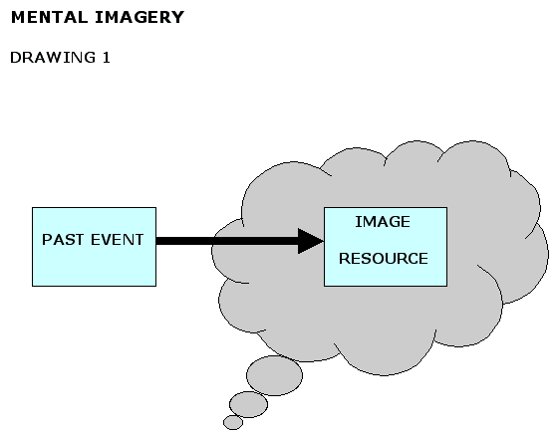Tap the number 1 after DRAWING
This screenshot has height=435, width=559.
pos(106,58)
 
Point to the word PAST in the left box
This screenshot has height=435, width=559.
pos(60,240)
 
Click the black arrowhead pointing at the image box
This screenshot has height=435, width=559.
pos(311,240)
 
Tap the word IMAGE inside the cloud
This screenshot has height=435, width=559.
pos(383,222)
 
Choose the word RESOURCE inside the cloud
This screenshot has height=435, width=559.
pos(384,259)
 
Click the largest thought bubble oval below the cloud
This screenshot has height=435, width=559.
pos(274,375)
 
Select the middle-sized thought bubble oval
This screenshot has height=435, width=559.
pos(249,404)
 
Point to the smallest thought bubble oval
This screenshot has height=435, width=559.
pos(233,422)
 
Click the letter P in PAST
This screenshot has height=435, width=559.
pos(46,240)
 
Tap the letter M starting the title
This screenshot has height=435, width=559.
pos(17,18)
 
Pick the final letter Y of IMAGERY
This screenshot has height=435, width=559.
pos(177,18)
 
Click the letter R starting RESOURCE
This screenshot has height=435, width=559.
pos(344,259)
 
